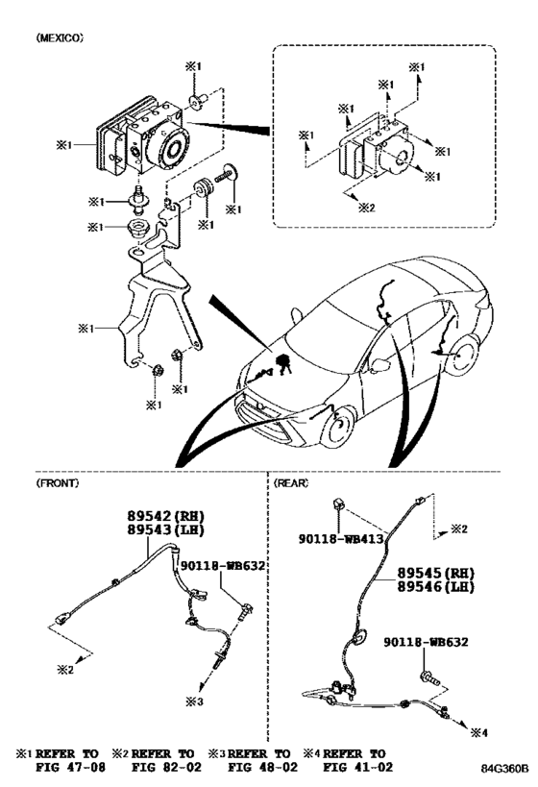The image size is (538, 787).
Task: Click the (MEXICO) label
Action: click(x=60, y=37)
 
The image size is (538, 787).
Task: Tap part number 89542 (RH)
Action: click(x=165, y=515)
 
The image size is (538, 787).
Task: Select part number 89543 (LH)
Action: click(x=165, y=529)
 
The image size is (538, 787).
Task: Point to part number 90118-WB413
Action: click(x=341, y=539)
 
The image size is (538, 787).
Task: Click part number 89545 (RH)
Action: click(x=435, y=573)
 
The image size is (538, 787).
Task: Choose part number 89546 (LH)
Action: click(x=435, y=587)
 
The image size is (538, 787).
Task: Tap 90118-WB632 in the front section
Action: click(x=223, y=566)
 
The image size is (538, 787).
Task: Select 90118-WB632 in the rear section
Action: click(x=427, y=642)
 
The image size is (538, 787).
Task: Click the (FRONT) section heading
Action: click(x=58, y=483)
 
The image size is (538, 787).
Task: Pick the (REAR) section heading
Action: click(x=290, y=483)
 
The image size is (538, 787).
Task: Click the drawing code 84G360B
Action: click(x=505, y=769)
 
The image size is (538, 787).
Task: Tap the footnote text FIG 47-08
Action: click(x=70, y=767)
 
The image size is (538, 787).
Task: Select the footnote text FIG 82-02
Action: click(x=166, y=767)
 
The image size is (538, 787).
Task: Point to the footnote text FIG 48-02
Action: click(x=262, y=767)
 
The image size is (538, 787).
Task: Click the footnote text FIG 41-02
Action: click(x=358, y=767)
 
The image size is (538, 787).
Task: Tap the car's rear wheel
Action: click(x=463, y=356)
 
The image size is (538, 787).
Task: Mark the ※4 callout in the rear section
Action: click(x=478, y=733)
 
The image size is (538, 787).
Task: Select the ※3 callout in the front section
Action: click(x=195, y=701)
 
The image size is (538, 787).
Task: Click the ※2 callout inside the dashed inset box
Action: click(x=367, y=208)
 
